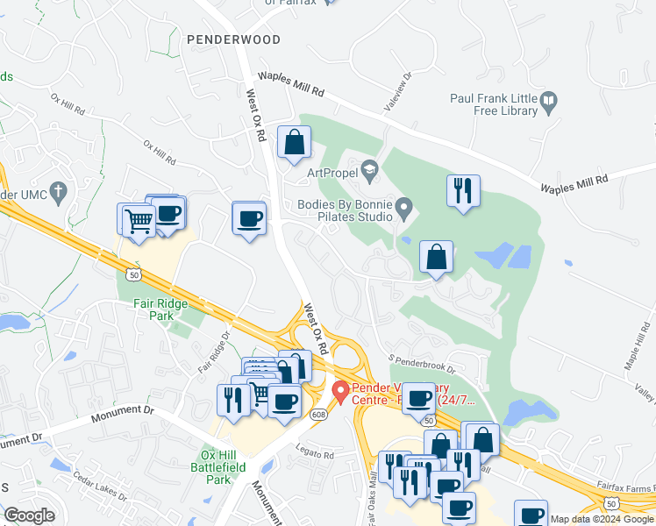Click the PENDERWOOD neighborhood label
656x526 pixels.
pyautogui.click(x=233, y=39)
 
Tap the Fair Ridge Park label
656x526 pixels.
pyautogui.click(x=148, y=308)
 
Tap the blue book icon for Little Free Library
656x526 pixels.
pyautogui.click(x=549, y=101)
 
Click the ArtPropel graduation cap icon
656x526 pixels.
pyautogui.click(x=369, y=167)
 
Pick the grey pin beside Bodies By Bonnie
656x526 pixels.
pyautogui.click(x=404, y=209)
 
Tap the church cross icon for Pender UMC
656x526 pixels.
pyautogui.click(x=59, y=191)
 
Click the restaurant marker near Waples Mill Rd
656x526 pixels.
pyautogui.click(x=462, y=190)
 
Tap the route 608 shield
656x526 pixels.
pyautogui.click(x=317, y=414)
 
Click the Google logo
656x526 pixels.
pyautogui.click(x=30, y=515)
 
